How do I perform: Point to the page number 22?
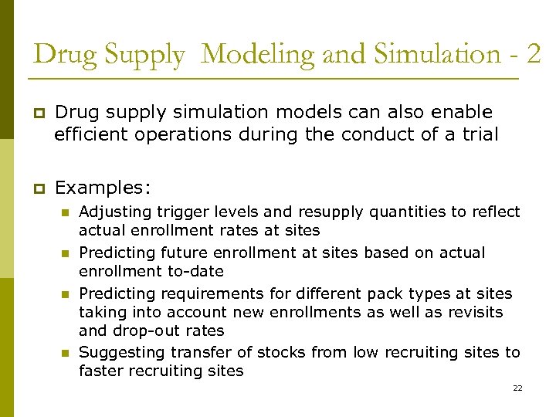517,388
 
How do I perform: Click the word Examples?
103,188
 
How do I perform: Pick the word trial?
479,134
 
